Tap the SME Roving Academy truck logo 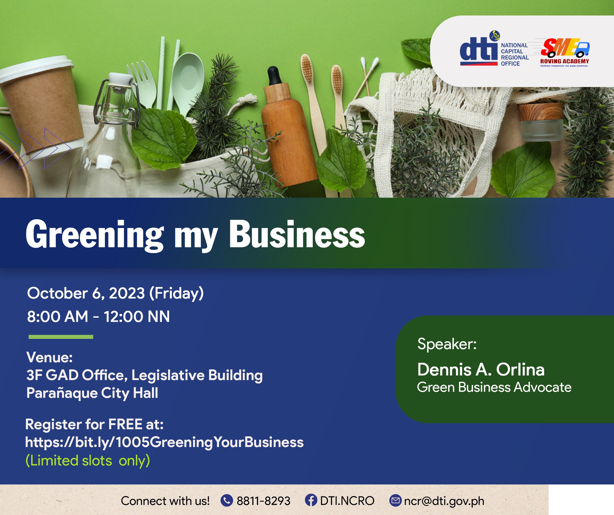click(x=565, y=52)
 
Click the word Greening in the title click(x=95, y=235)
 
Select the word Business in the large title click(x=297, y=234)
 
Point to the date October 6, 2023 click(x=86, y=293)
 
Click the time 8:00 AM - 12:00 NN click(x=98, y=317)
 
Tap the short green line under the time click(x=61, y=337)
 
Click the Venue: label click(x=49, y=357)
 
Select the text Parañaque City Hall click(x=92, y=393)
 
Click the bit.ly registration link click(x=164, y=442)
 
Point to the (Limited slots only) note click(x=88, y=461)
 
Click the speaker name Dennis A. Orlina click(x=481, y=369)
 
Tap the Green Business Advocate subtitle click(x=494, y=387)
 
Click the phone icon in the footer click(x=227, y=500)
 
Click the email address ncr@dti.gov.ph click(x=444, y=501)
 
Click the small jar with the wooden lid click(x=541, y=121)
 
